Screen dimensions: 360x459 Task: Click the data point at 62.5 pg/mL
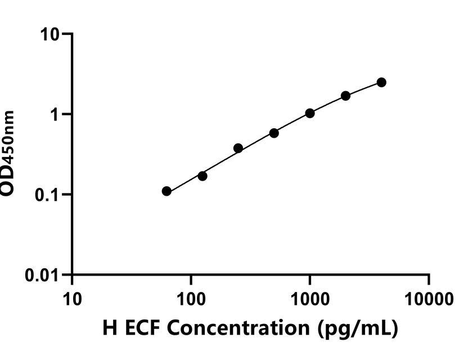(166, 191)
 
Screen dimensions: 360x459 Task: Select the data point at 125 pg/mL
(202, 176)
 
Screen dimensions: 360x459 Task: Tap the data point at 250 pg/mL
(238, 148)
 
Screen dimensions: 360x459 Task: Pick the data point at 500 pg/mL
(274, 133)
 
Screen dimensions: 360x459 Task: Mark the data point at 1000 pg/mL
(310, 113)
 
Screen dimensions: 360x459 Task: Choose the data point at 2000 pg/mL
(345, 96)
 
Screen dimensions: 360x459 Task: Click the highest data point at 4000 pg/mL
(381, 82)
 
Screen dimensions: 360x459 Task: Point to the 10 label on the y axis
(50, 34)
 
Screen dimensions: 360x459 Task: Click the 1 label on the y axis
(55, 115)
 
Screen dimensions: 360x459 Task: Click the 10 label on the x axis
(72, 299)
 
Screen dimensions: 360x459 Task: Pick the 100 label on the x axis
(191, 299)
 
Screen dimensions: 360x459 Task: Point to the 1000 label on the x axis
(310, 299)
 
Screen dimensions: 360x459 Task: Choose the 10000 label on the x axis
(429, 299)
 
